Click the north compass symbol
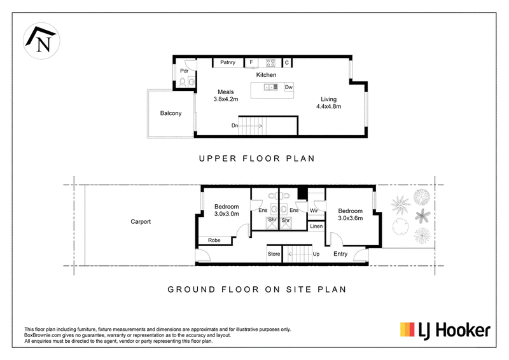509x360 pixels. coord(41,41)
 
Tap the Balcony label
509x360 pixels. coord(171,113)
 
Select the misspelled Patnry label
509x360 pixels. coord(228,62)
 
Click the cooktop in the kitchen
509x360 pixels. coord(270,63)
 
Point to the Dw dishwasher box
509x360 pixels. coord(289,87)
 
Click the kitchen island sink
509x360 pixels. coord(271,87)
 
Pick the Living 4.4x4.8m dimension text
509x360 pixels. coord(328,103)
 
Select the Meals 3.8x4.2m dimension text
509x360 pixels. coord(226,95)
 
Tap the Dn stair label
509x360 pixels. coord(234,126)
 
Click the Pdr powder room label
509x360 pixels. coord(184,71)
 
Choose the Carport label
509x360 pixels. coord(141,222)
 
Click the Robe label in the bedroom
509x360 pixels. coord(214,240)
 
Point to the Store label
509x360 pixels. coord(274,254)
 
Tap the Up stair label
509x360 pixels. coord(316,254)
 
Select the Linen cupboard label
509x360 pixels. coord(316,226)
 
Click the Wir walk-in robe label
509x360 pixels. coord(314,211)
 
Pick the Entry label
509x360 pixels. coord(340,254)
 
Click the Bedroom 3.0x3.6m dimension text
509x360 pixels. coord(351,214)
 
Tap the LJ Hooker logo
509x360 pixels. coord(445,331)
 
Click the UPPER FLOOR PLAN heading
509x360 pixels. coord(257,158)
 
